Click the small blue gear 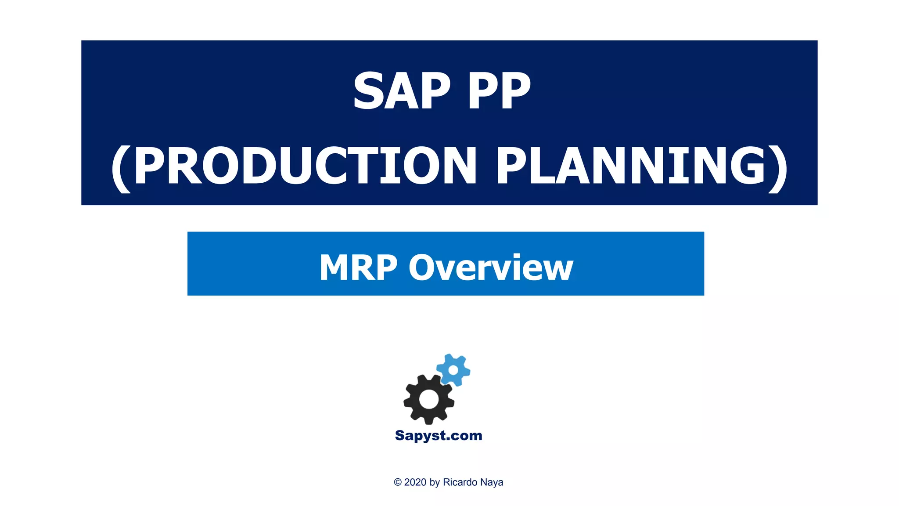pos(453,370)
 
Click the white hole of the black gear pos(429,399)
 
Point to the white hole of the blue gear pos(453,370)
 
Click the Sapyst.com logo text pos(439,435)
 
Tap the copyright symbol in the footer pos(398,482)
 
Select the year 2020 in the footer pos(415,482)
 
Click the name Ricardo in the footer pos(459,482)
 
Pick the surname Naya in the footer pos(491,482)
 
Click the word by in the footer pos(435,482)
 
